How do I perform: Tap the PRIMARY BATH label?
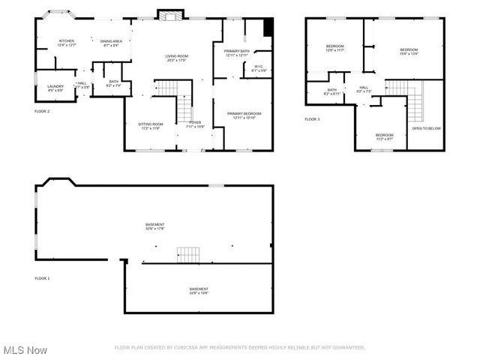point(236,52)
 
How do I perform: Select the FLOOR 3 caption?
point(312,119)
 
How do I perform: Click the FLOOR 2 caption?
point(42,111)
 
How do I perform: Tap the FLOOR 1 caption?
point(42,278)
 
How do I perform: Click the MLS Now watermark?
point(25,350)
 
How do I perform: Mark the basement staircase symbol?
point(189,254)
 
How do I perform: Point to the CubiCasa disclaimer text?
point(239,347)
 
